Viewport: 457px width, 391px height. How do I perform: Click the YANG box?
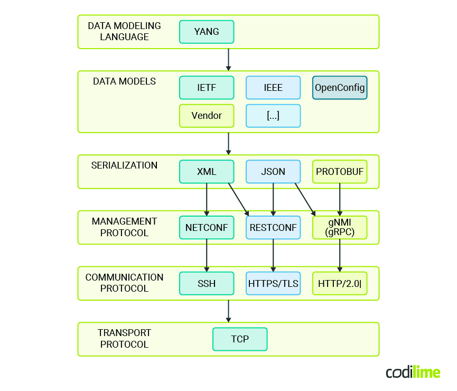pos(207,32)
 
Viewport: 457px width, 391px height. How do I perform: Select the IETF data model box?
pos(207,88)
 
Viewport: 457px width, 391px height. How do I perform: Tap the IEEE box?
pos(273,88)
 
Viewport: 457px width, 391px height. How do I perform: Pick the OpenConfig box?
pos(340,88)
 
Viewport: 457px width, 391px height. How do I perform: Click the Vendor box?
pos(207,116)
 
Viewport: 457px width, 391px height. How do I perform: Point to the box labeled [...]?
pos(273,116)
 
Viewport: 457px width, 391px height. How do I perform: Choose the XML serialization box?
pos(207,172)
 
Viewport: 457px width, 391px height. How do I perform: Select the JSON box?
pos(273,172)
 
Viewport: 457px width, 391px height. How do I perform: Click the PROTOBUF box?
pos(340,172)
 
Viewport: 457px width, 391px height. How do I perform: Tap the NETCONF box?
pos(207,228)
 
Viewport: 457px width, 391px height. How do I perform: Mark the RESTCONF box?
pos(273,228)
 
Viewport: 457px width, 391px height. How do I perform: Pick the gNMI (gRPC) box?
pos(340,228)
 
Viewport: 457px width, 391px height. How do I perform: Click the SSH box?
pos(207,284)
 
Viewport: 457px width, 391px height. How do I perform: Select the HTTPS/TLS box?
pos(273,284)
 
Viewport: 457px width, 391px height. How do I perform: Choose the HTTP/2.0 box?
pos(340,284)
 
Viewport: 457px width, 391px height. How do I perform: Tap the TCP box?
pos(240,339)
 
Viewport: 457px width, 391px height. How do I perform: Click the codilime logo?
pos(413,373)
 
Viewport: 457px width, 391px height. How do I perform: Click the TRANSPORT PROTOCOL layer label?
pos(124,339)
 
